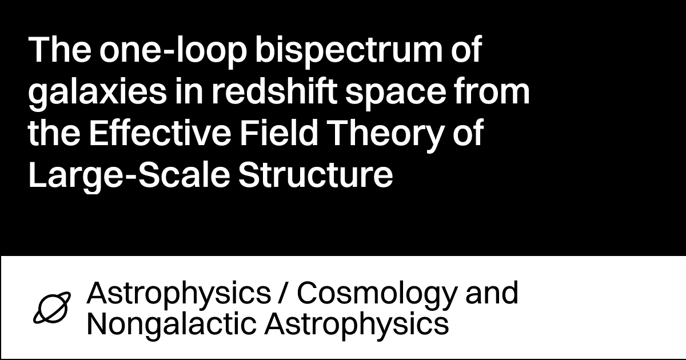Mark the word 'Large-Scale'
pos(127,176)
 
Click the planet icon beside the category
pos(52,309)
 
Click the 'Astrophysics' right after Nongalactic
pos(356,325)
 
